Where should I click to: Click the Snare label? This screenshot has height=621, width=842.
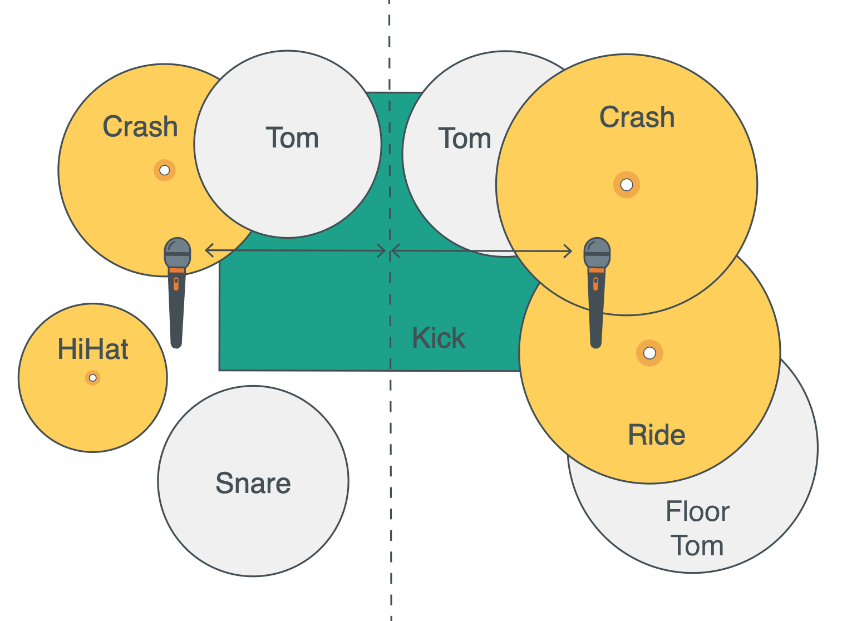click(253, 483)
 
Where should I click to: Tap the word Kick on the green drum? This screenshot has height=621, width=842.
click(439, 338)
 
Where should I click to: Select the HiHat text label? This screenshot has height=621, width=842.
click(93, 349)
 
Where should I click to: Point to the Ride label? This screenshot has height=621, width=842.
click(656, 435)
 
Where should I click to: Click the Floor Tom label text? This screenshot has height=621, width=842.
click(697, 528)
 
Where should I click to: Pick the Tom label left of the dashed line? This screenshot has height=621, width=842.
click(292, 137)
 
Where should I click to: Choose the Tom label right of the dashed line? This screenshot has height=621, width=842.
click(465, 138)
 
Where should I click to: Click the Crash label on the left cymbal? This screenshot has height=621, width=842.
click(140, 126)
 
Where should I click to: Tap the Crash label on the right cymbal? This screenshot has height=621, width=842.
click(637, 117)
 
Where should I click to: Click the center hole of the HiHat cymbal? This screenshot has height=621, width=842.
click(93, 378)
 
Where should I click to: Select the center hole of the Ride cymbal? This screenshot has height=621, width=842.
click(649, 353)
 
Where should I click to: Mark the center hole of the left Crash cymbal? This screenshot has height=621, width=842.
click(165, 170)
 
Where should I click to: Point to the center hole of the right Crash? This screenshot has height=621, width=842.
click(627, 185)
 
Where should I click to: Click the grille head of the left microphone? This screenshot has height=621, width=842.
click(178, 250)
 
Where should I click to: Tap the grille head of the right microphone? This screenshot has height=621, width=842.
click(597, 250)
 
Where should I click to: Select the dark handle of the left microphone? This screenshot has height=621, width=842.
click(176, 312)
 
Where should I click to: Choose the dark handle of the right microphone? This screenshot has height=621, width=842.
click(596, 312)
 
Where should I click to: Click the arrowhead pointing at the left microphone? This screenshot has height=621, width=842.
click(209, 250)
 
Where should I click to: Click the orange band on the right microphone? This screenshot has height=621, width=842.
click(597, 270)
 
